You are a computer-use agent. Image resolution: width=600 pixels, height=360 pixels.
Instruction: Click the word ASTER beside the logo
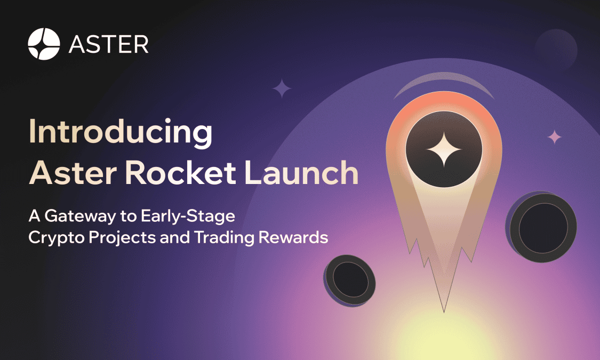(x=109, y=44)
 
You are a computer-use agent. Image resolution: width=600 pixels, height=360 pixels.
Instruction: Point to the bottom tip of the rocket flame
(x=444, y=311)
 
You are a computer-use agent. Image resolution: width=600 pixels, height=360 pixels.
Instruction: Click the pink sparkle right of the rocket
(x=555, y=137)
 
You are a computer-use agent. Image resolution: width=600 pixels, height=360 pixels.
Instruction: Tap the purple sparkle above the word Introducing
(x=281, y=89)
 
